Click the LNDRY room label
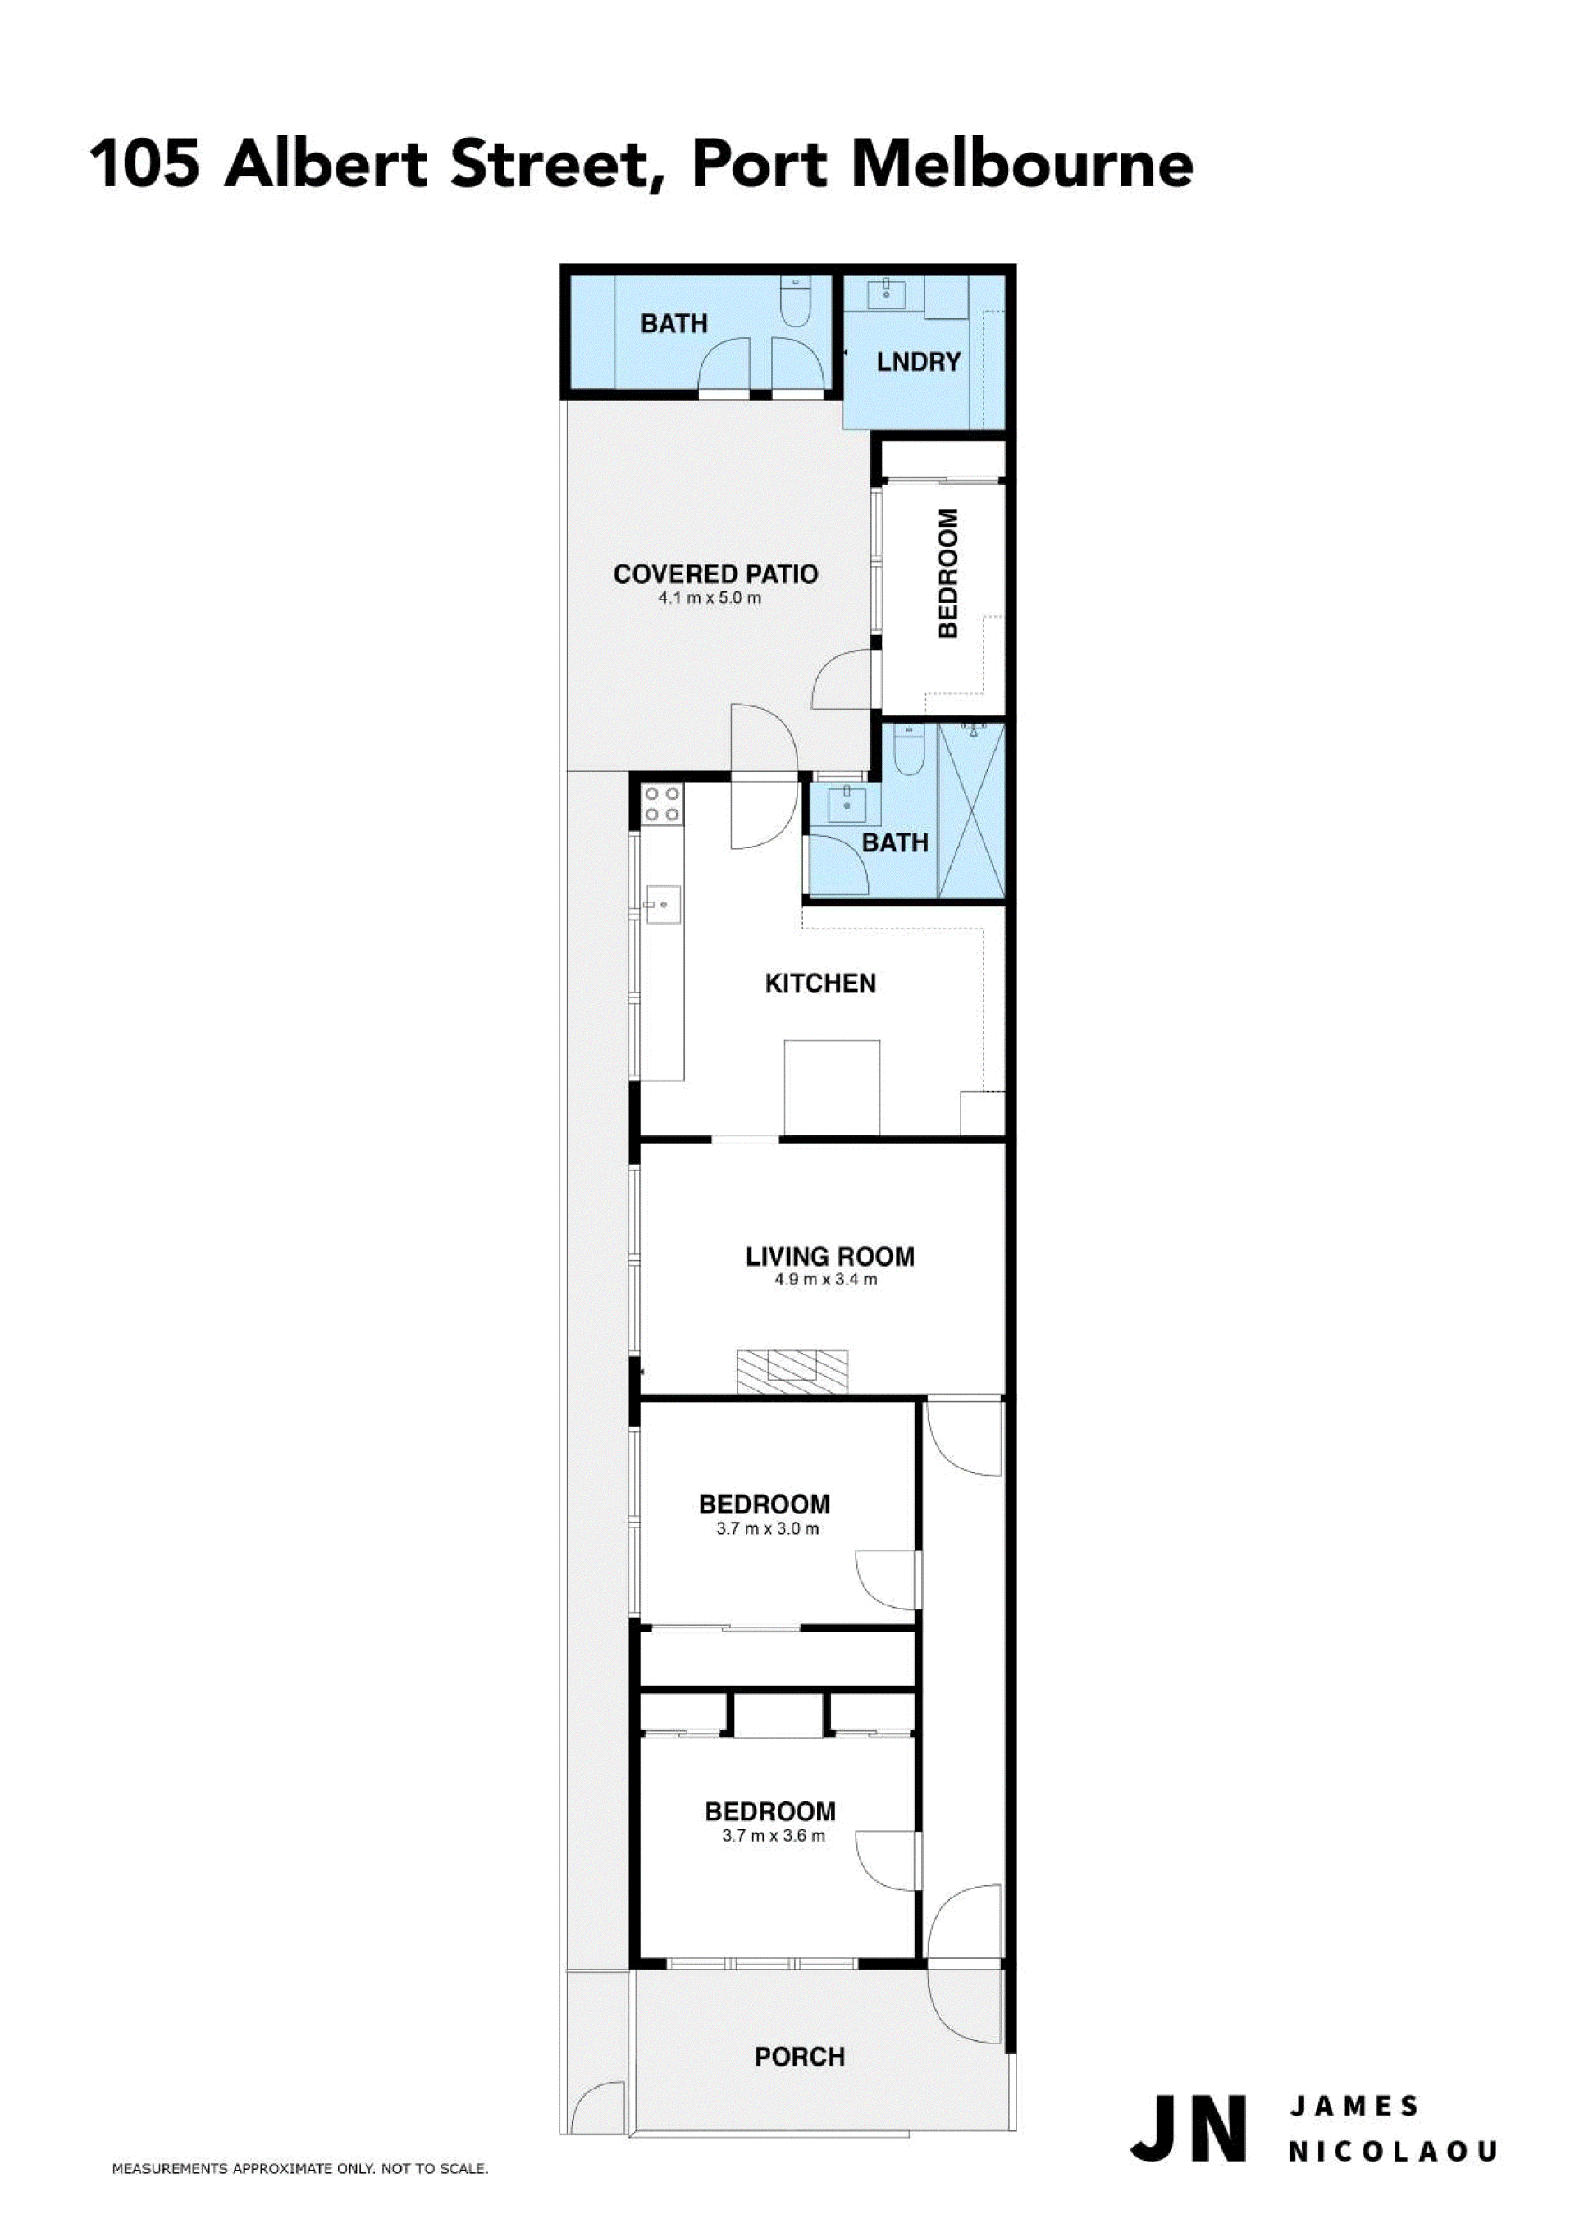pyautogui.click(x=918, y=362)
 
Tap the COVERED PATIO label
pyautogui.click(x=715, y=574)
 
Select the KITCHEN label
pyautogui.click(x=820, y=984)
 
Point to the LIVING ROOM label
pyautogui.click(x=829, y=1257)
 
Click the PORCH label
pyautogui.click(x=800, y=2057)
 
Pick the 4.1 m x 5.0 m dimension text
pyautogui.click(x=710, y=599)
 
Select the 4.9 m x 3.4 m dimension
pyautogui.click(x=826, y=1280)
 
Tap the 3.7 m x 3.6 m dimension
pyautogui.click(x=774, y=1836)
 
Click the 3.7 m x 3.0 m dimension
pyautogui.click(x=768, y=1529)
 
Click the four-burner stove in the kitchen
pyautogui.click(x=663, y=805)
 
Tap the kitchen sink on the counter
pyautogui.click(x=663, y=904)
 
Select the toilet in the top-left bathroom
pyautogui.click(x=795, y=294)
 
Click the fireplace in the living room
pyautogui.click(x=792, y=1371)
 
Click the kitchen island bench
pyautogui.click(x=832, y=1087)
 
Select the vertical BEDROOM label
pyautogui.click(x=948, y=573)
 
